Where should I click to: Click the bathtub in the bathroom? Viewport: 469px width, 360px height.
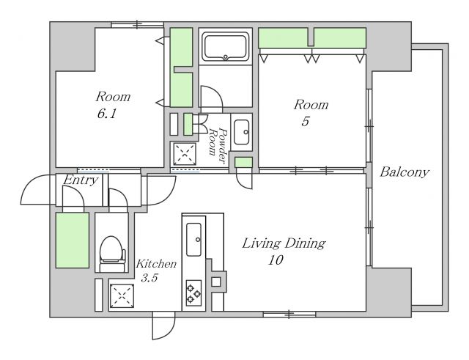pyautogui.click(x=225, y=47)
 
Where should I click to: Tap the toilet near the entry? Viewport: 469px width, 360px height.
pyautogui.click(x=112, y=253)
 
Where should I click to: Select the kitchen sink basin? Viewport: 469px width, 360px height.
pyautogui.click(x=193, y=240)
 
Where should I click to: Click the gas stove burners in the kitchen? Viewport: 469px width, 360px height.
pyautogui.click(x=193, y=293)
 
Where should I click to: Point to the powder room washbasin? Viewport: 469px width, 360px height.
pyautogui.click(x=241, y=132)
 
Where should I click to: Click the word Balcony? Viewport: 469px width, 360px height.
pyautogui.click(x=405, y=173)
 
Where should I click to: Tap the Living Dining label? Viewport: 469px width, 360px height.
pyautogui.click(x=284, y=243)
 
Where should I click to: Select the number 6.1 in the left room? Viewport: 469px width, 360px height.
pyautogui.click(x=106, y=114)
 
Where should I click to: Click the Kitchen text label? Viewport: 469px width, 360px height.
pyautogui.click(x=156, y=264)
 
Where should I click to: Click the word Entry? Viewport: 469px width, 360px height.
pyautogui.click(x=81, y=180)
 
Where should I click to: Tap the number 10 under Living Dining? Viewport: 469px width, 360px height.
pyautogui.click(x=276, y=260)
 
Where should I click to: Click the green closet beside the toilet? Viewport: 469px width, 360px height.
pyautogui.click(x=73, y=240)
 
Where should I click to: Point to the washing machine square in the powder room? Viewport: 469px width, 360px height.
pyautogui.click(x=185, y=154)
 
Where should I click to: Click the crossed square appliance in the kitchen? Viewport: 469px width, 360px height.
pyautogui.click(x=122, y=296)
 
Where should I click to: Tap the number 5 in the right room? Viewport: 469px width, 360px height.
pyautogui.click(x=305, y=122)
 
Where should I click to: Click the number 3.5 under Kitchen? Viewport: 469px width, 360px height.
pyautogui.click(x=149, y=279)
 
